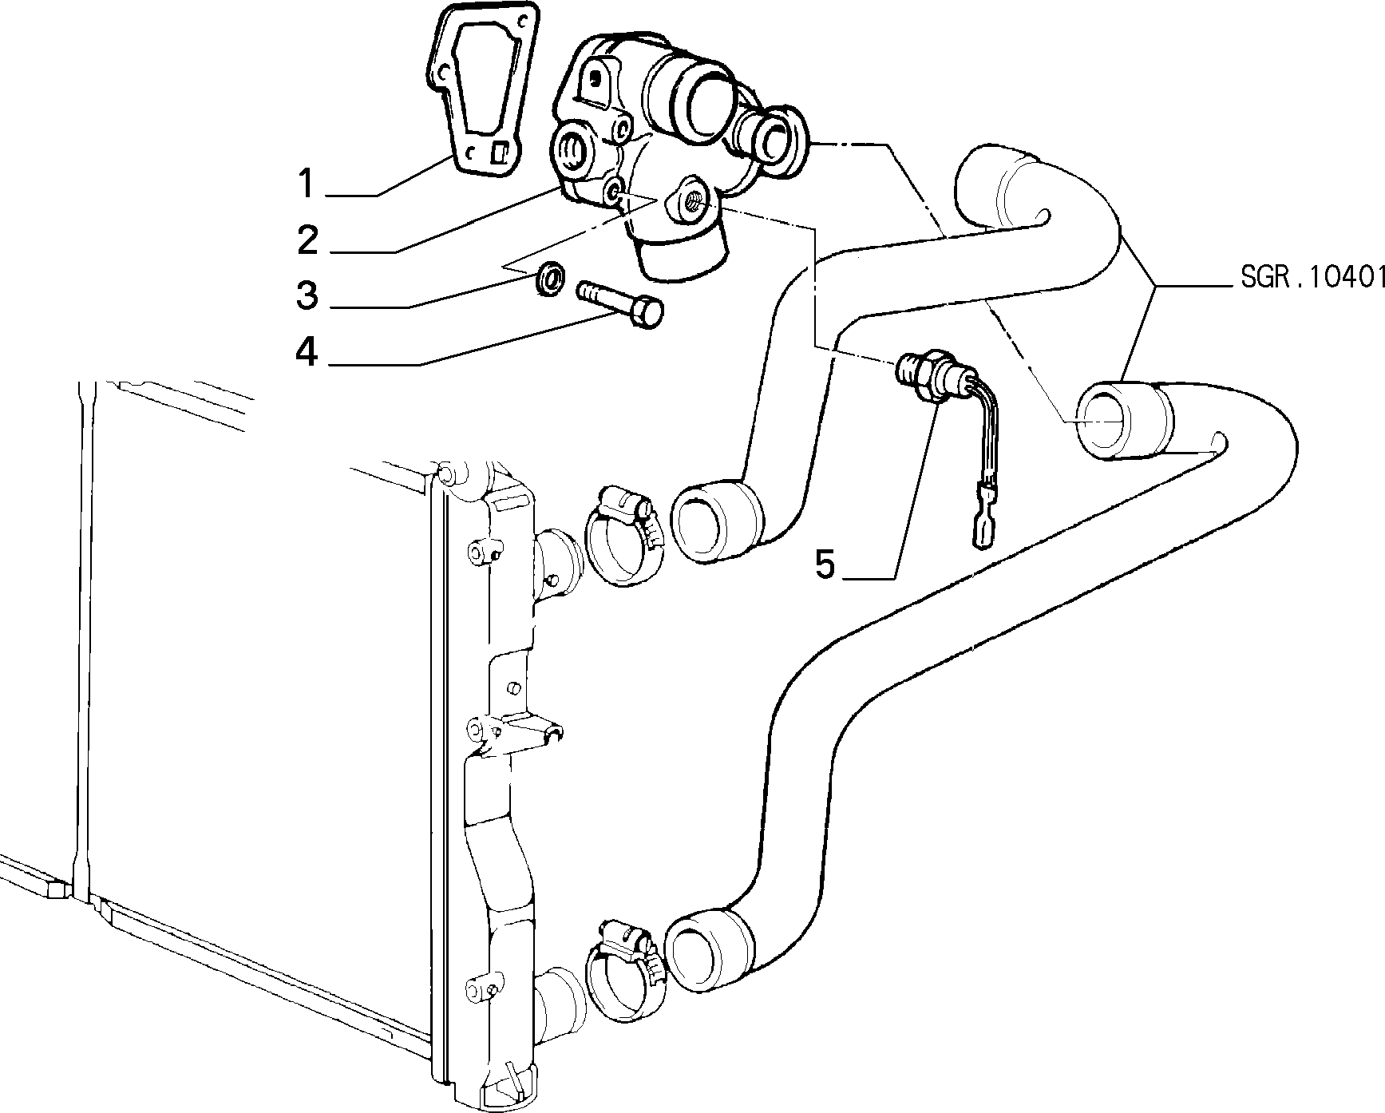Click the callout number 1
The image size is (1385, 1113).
coord(307,183)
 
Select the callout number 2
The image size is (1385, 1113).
coord(308,240)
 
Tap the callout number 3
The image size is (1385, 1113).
coord(307,295)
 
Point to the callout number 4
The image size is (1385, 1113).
coord(307,351)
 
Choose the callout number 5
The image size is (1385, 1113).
coord(825,564)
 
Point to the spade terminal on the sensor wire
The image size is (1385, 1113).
coord(981,528)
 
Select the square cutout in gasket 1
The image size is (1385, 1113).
coord(500,152)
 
